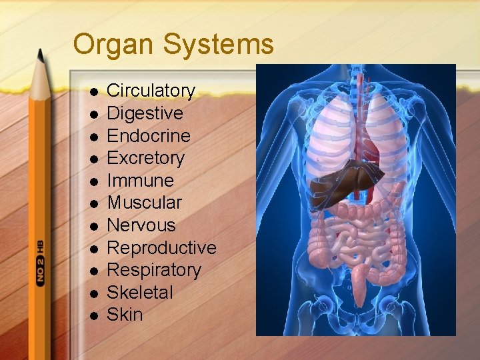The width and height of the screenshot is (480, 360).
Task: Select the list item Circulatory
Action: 151,91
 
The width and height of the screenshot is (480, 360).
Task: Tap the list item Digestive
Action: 145,113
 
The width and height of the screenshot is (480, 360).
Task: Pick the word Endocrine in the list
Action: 149,136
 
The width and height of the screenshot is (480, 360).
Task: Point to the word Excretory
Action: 146,158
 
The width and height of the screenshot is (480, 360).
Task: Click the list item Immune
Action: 140,181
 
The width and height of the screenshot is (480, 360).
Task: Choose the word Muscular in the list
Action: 144,203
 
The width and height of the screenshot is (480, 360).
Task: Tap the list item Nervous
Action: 141,225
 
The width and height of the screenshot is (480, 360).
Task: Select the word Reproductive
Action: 162,248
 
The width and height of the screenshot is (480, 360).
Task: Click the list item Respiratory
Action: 154,270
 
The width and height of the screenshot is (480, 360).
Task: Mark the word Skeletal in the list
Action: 140,293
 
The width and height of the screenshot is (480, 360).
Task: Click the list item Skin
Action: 125,315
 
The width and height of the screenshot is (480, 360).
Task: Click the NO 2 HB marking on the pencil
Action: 41,261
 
